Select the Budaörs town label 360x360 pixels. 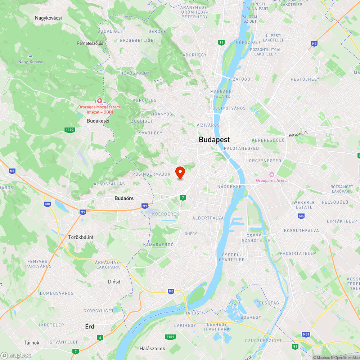coord(124,198)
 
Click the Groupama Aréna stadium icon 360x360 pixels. coord(271,175)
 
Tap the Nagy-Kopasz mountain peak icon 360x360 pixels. coord(31,56)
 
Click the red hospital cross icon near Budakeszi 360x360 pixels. coord(99,101)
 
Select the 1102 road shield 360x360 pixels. coord(69,130)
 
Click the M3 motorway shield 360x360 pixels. coord(314,44)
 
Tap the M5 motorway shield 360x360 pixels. coord(301,216)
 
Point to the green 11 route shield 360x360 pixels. coord(221,43)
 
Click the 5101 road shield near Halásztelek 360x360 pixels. coord(171,337)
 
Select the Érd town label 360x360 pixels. coord(89,327)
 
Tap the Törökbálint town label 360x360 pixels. coord(81,237)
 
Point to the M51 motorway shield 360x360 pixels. coord(306,334)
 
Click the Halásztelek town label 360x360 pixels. coord(152,348)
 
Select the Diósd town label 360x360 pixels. coord(114,282)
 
